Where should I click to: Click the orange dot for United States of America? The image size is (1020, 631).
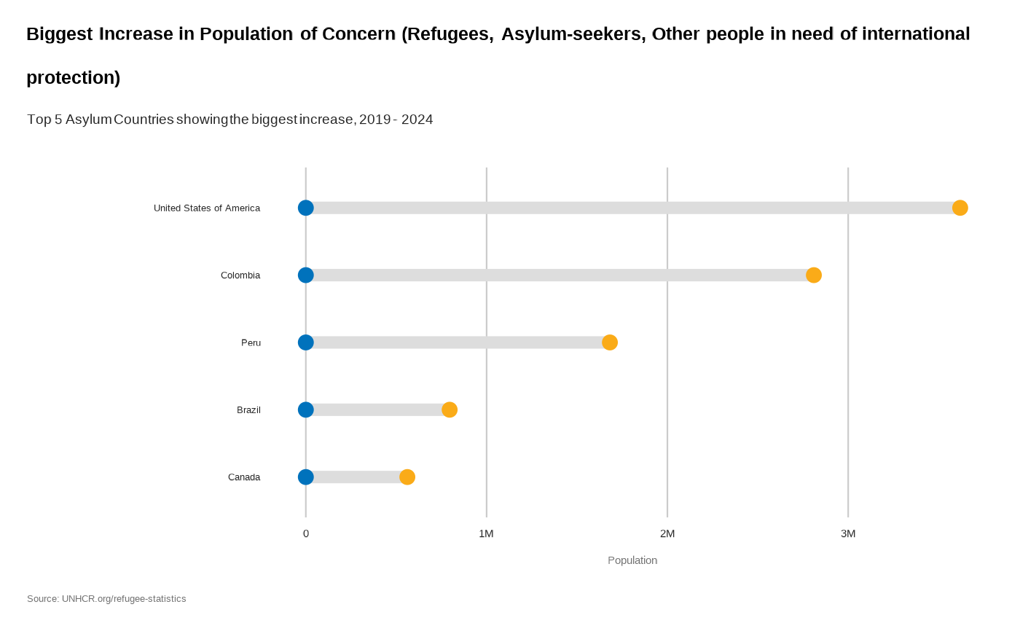tap(960, 208)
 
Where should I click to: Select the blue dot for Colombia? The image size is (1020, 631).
tap(306, 275)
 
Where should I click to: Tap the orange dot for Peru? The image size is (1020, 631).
tap(610, 342)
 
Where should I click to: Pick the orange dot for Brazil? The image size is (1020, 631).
tap(450, 409)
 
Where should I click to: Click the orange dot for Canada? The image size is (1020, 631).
tap(407, 477)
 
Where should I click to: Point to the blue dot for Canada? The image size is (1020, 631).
tap(306, 477)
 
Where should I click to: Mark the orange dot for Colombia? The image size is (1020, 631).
tap(814, 275)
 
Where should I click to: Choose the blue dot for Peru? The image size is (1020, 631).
tap(306, 342)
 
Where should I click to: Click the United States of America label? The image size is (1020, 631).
tap(207, 208)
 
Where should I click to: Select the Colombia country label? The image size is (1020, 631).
tap(240, 275)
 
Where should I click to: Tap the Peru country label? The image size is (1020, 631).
tap(251, 342)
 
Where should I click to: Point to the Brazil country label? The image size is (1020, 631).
tap(248, 410)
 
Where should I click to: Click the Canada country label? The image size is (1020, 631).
tap(244, 477)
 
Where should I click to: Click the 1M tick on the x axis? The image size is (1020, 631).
tap(486, 533)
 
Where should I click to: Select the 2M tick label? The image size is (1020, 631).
tap(667, 533)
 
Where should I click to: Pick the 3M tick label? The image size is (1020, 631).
tap(848, 533)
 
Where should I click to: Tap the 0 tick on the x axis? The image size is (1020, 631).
tap(306, 533)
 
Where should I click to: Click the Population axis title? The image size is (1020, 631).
tap(632, 560)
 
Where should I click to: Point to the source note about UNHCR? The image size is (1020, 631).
tap(106, 599)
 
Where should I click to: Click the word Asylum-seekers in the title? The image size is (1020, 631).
tap(573, 34)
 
